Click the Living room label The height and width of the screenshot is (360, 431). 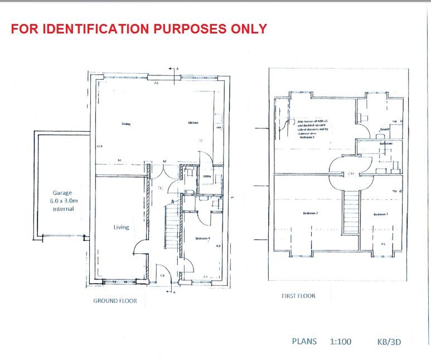click(121, 227)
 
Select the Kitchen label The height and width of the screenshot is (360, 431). click(193, 123)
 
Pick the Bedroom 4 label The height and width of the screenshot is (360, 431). click(202, 239)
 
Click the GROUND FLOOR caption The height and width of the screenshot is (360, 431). click(115, 301)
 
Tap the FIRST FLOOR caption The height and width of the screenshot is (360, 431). click(298, 296)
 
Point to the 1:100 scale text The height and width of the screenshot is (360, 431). click(340, 342)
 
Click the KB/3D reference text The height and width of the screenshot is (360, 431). click(388, 342)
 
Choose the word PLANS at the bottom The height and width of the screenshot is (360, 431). click(304, 342)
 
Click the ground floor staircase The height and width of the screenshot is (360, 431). click(172, 226)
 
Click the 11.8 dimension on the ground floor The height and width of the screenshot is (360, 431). click(99, 146)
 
